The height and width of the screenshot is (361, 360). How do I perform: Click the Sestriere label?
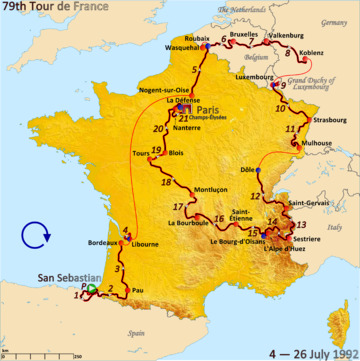point(308,239)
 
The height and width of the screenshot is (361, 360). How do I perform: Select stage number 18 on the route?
point(167,182)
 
